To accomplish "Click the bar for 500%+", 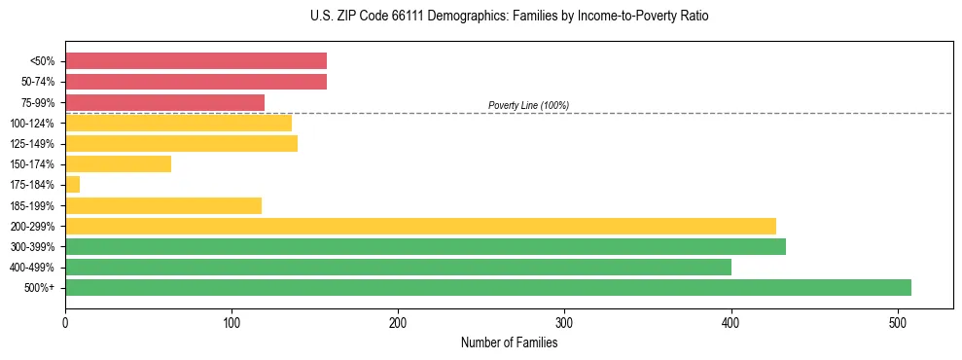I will [487, 287].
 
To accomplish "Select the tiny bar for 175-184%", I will [72, 185].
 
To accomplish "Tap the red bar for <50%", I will [196, 61].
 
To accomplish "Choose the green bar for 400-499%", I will [398, 267].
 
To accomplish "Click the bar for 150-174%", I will [118, 164].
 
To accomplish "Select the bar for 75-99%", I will [164, 102].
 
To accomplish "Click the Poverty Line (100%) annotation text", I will [528, 105].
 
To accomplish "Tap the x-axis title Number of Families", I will [509, 342].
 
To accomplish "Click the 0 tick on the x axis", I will [65, 321].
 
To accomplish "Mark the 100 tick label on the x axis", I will [232, 321].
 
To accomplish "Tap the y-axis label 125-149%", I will [32, 144].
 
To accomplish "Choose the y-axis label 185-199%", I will [32, 205].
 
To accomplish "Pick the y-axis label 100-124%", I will [32, 124].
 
